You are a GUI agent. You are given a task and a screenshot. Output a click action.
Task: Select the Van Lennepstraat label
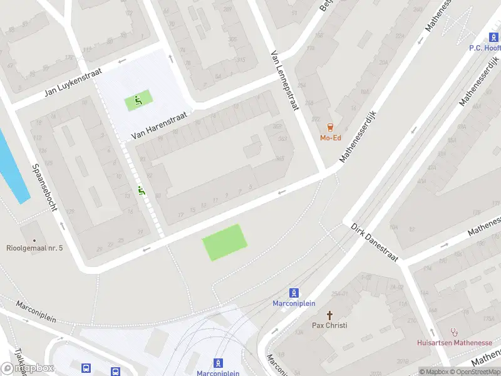pyautogui.click(x=286, y=81)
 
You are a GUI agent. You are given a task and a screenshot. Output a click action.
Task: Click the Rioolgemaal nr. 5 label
pyautogui.click(x=34, y=249)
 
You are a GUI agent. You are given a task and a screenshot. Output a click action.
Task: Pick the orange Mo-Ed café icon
pyautogui.click(x=330, y=127)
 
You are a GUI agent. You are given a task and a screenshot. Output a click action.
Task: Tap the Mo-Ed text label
pyautogui.click(x=330, y=138)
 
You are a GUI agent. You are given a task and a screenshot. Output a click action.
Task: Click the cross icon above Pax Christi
pyautogui.click(x=329, y=315)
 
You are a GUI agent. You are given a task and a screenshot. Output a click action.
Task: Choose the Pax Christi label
pyautogui.click(x=329, y=325)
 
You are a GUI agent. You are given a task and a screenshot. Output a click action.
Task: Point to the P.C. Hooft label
pyautogui.click(x=485, y=47)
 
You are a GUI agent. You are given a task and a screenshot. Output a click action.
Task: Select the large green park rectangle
pyautogui.click(x=225, y=243)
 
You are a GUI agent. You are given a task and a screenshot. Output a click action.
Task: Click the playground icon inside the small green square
pyautogui.click(x=138, y=100)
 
